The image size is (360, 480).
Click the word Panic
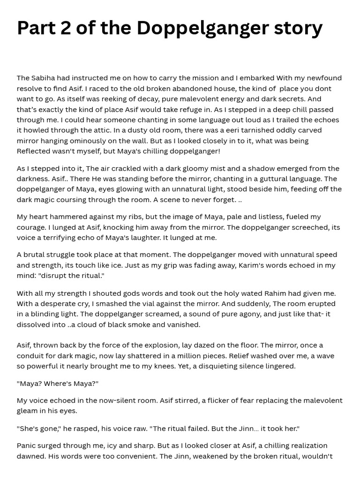tap(27, 445)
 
